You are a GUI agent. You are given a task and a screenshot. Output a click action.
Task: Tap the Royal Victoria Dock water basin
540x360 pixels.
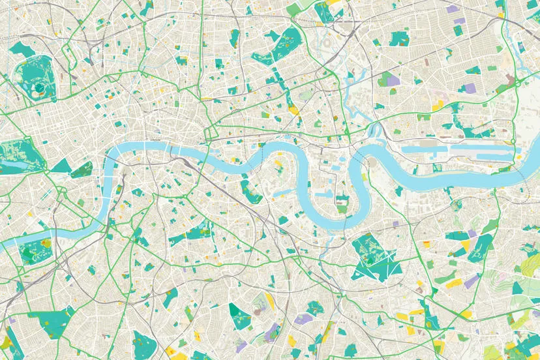coord(424,149)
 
